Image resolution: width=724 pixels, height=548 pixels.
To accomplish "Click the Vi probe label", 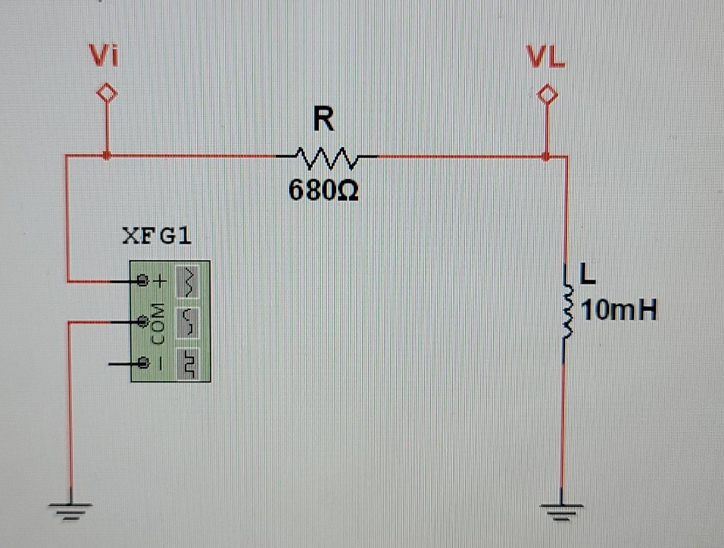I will click(104, 56).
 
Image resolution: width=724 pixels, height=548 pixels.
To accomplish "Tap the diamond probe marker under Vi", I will click(107, 94).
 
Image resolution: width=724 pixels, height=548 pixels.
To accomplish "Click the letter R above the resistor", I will click(324, 120).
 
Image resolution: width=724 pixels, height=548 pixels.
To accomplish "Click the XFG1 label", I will click(157, 236).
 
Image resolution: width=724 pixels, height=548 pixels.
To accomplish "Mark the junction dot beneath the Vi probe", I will click(106, 155).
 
